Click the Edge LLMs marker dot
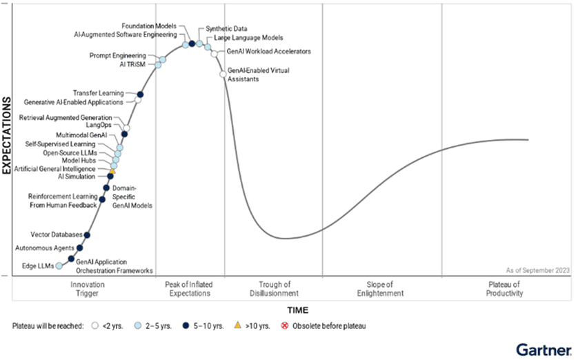pyautogui.click(x=59, y=266)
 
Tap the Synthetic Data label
pyautogui.click(x=222, y=29)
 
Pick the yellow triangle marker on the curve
pyautogui.click(x=112, y=170)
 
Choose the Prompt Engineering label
pyautogui.click(x=118, y=55)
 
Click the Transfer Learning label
pyautogui.click(x=99, y=93)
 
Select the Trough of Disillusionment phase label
pyautogui.click(x=274, y=289)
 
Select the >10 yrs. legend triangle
pyautogui.click(x=238, y=326)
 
